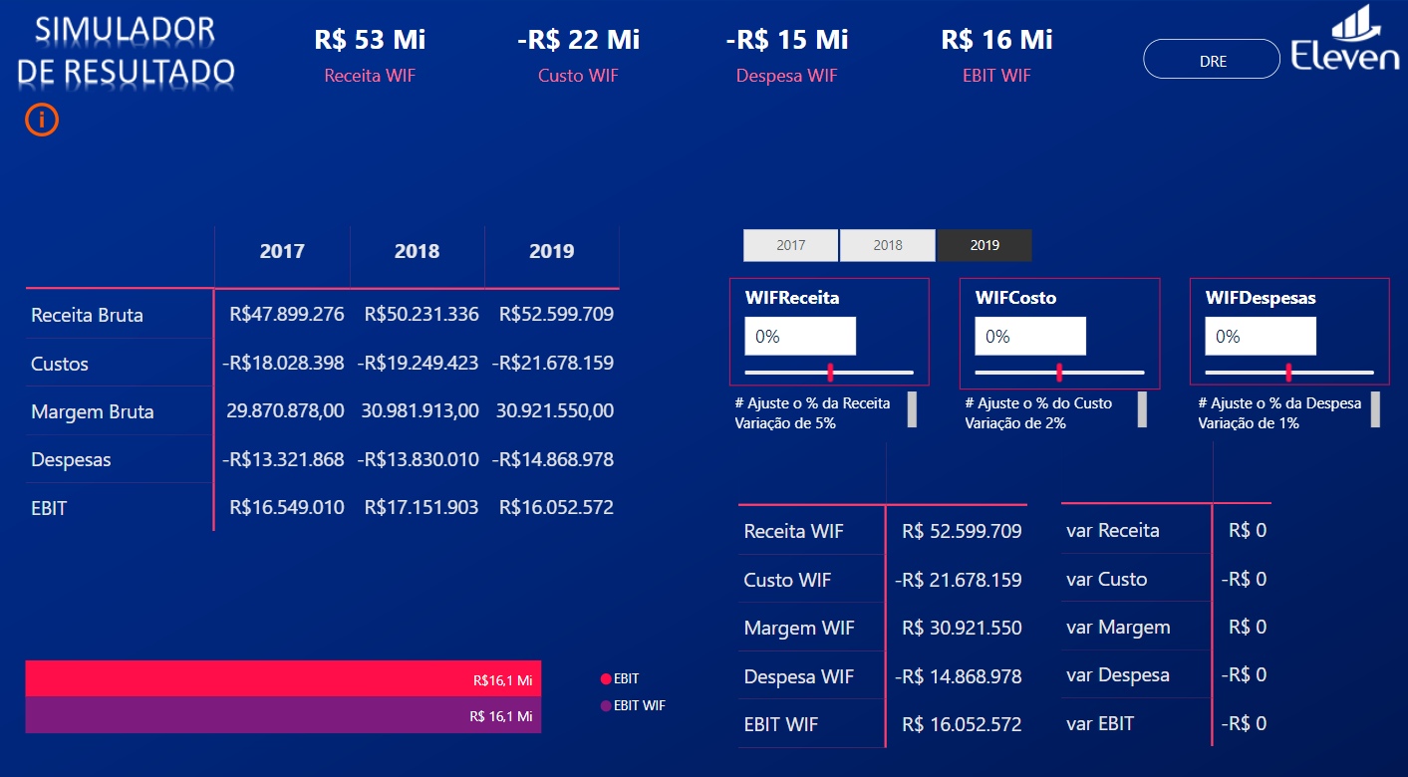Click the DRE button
[x=1211, y=60]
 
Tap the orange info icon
[x=42, y=120]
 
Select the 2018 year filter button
[x=887, y=245]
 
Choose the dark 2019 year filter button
[x=985, y=245]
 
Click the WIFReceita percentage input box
[x=800, y=337]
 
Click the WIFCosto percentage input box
[x=1030, y=337]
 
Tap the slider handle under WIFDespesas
[x=1288, y=373]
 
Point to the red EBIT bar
[x=283, y=678]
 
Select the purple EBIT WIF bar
[x=283, y=715]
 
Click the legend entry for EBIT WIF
[x=633, y=705]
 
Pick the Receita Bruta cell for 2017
[x=287, y=315]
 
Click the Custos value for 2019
[x=553, y=364]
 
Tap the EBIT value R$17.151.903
[x=422, y=508]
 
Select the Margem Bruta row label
[x=93, y=411]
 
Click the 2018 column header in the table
[x=417, y=251]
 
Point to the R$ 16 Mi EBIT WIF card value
[x=996, y=40]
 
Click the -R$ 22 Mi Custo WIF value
[x=578, y=40]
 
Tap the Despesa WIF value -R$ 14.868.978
[x=958, y=676]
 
